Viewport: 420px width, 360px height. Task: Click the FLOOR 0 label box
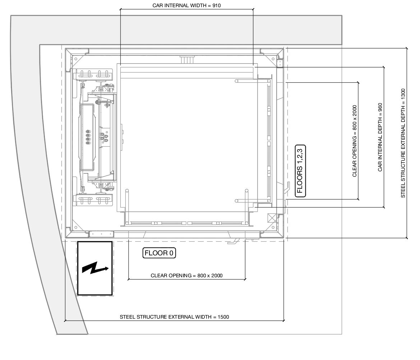tap(159, 253)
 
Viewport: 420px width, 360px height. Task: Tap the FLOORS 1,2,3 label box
tap(300, 171)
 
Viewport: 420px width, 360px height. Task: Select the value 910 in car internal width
tap(217, 5)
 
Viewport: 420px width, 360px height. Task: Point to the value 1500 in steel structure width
tap(223, 317)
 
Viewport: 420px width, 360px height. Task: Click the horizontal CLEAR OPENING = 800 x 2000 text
tap(186, 275)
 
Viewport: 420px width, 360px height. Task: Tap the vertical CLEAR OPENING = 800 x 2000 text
tap(355, 141)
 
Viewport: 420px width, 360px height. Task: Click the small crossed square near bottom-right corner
tap(272, 218)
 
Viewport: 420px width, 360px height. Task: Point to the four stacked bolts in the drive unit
tap(88, 137)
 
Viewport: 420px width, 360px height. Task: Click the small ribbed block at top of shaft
tap(186, 59)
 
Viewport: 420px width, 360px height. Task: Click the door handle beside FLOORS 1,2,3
tap(287, 187)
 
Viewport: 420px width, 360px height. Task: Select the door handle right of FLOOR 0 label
tap(233, 241)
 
